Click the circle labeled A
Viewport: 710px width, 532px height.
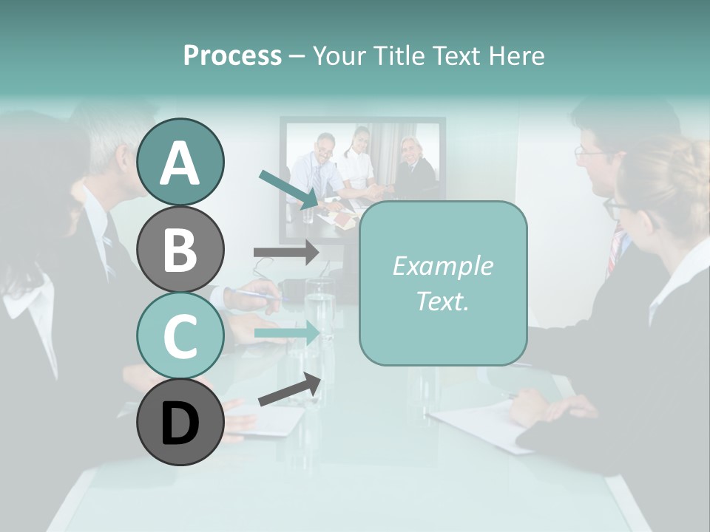click(x=180, y=162)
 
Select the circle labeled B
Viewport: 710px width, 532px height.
click(x=180, y=249)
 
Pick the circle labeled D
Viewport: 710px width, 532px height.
click(x=180, y=422)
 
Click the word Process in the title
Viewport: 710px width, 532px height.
click(x=232, y=55)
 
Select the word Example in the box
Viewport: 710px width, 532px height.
click(x=442, y=266)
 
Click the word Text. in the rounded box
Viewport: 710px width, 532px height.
click(x=442, y=301)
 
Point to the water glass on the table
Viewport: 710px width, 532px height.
click(x=319, y=310)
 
